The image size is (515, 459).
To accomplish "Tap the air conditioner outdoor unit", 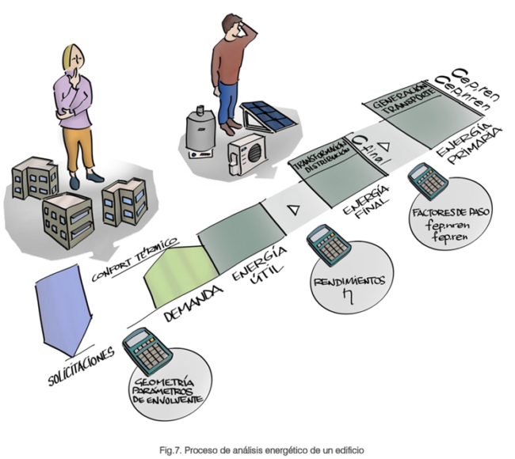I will (x=248, y=151).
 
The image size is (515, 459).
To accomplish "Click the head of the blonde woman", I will (x=74, y=60).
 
